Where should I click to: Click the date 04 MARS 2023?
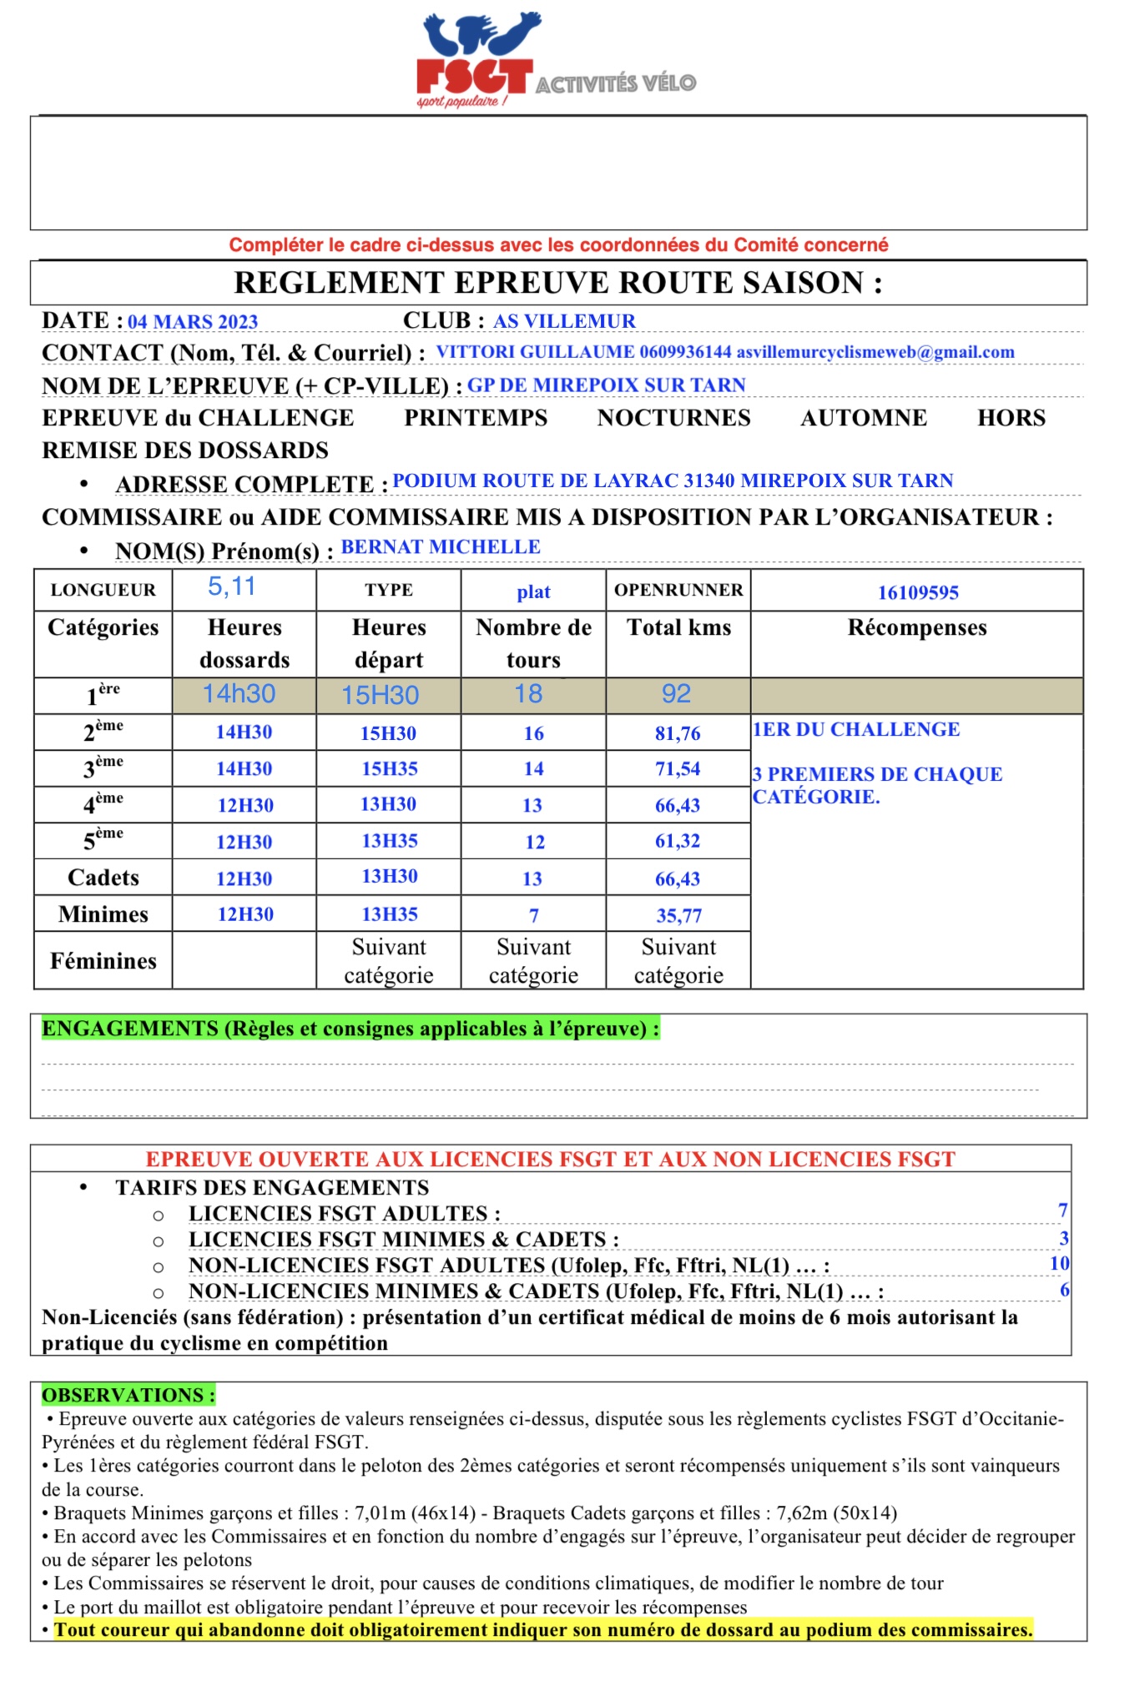(x=193, y=322)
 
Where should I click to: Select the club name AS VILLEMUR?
(x=564, y=321)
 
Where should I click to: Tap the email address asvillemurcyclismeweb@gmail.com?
(x=875, y=352)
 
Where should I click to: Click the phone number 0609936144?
(x=685, y=352)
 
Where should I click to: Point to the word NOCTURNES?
(x=673, y=418)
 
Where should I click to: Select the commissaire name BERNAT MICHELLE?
(x=441, y=547)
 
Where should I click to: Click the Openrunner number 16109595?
(x=918, y=592)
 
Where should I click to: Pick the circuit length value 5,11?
(x=232, y=587)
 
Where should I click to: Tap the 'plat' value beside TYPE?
(x=533, y=592)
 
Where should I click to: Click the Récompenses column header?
(x=917, y=627)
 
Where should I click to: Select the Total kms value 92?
(x=676, y=694)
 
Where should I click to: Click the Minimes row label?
(x=103, y=914)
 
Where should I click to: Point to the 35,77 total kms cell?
(x=678, y=916)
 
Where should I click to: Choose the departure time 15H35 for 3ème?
(x=389, y=769)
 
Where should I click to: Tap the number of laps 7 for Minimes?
(x=534, y=916)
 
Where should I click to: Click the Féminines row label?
(x=103, y=961)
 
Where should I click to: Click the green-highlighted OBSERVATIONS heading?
(x=129, y=1396)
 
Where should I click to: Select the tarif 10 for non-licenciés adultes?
(x=1059, y=1264)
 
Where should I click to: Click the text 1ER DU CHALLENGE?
(x=856, y=730)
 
